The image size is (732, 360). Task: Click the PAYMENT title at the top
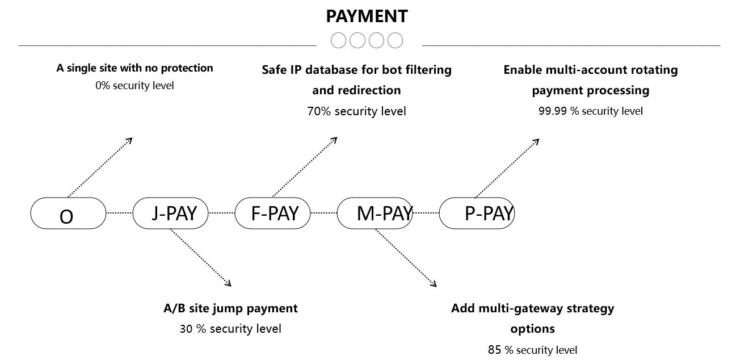(x=367, y=16)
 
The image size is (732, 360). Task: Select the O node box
(x=68, y=214)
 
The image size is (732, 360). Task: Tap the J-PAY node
(x=170, y=214)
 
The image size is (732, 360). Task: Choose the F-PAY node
(x=273, y=214)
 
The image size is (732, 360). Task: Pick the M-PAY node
(x=375, y=214)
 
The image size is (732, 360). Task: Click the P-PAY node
(x=477, y=214)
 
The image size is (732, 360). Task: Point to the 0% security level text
(x=134, y=86)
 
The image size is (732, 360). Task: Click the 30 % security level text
(x=230, y=329)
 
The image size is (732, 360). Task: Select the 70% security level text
(x=356, y=111)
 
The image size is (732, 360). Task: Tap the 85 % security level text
(x=532, y=350)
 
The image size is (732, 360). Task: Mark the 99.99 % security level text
(x=590, y=111)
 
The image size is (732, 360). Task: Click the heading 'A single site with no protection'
(x=134, y=68)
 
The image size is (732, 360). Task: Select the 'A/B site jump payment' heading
(x=230, y=308)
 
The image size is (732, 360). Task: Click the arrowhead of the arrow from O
(x=130, y=140)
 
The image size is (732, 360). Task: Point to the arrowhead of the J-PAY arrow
(x=229, y=283)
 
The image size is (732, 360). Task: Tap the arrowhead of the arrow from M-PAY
(x=434, y=284)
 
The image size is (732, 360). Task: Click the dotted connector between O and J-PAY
(x=119, y=214)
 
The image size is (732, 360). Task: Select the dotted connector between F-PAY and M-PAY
(x=324, y=214)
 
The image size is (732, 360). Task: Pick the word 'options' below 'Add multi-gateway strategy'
(x=532, y=329)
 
